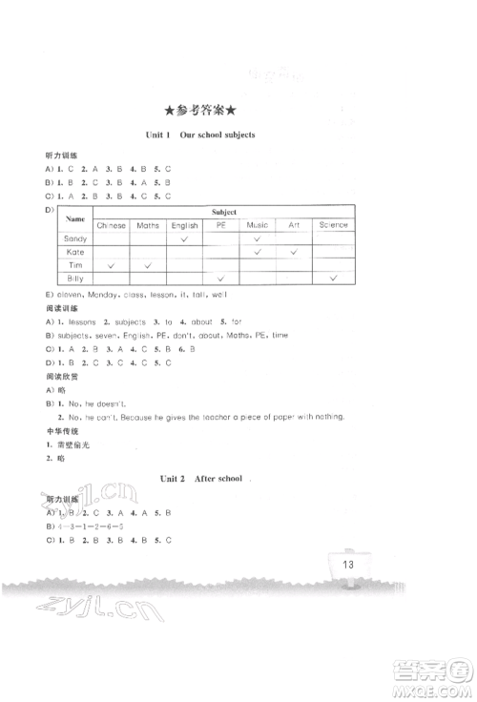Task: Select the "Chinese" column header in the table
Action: [x=112, y=225]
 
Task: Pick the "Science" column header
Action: [x=333, y=225]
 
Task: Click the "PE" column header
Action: [x=220, y=225]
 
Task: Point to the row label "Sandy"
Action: [x=74, y=238]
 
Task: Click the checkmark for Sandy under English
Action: [x=184, y=238]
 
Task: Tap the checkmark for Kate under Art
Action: [x=295, y=252]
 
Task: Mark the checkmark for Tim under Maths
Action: [x=148, y=264]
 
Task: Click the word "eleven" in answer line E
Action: [x=70, y=296]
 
